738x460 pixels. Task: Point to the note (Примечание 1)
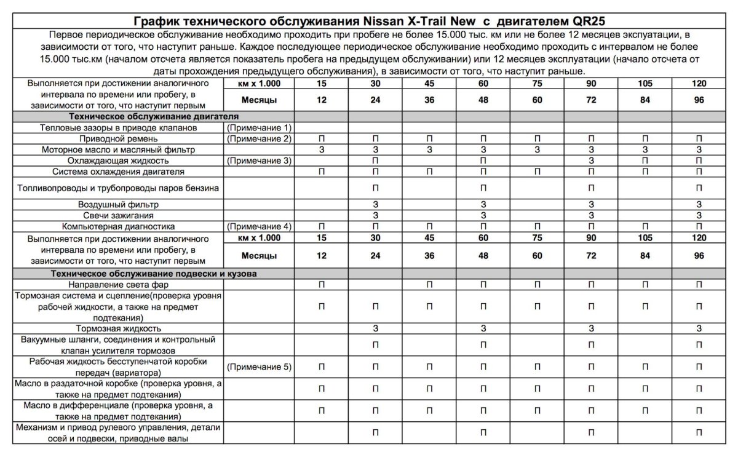(258, 128)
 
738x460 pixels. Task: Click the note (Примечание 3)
(258, 161)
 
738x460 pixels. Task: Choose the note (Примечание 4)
(258, 226)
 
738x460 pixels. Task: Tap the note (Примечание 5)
(258, 367)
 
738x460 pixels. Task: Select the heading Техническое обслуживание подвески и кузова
(154, 273)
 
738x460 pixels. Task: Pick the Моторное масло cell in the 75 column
(537, 149)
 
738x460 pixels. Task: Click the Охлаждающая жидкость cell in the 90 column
(591, 161)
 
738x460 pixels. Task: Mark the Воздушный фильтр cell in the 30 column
(375, 204)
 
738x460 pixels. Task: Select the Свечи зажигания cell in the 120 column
(699, 215)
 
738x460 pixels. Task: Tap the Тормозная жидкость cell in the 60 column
(483, 329)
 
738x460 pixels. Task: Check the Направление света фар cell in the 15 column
(321, 285)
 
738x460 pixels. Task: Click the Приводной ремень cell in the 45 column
(429, 139)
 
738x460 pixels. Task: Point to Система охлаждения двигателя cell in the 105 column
(645, 172)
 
